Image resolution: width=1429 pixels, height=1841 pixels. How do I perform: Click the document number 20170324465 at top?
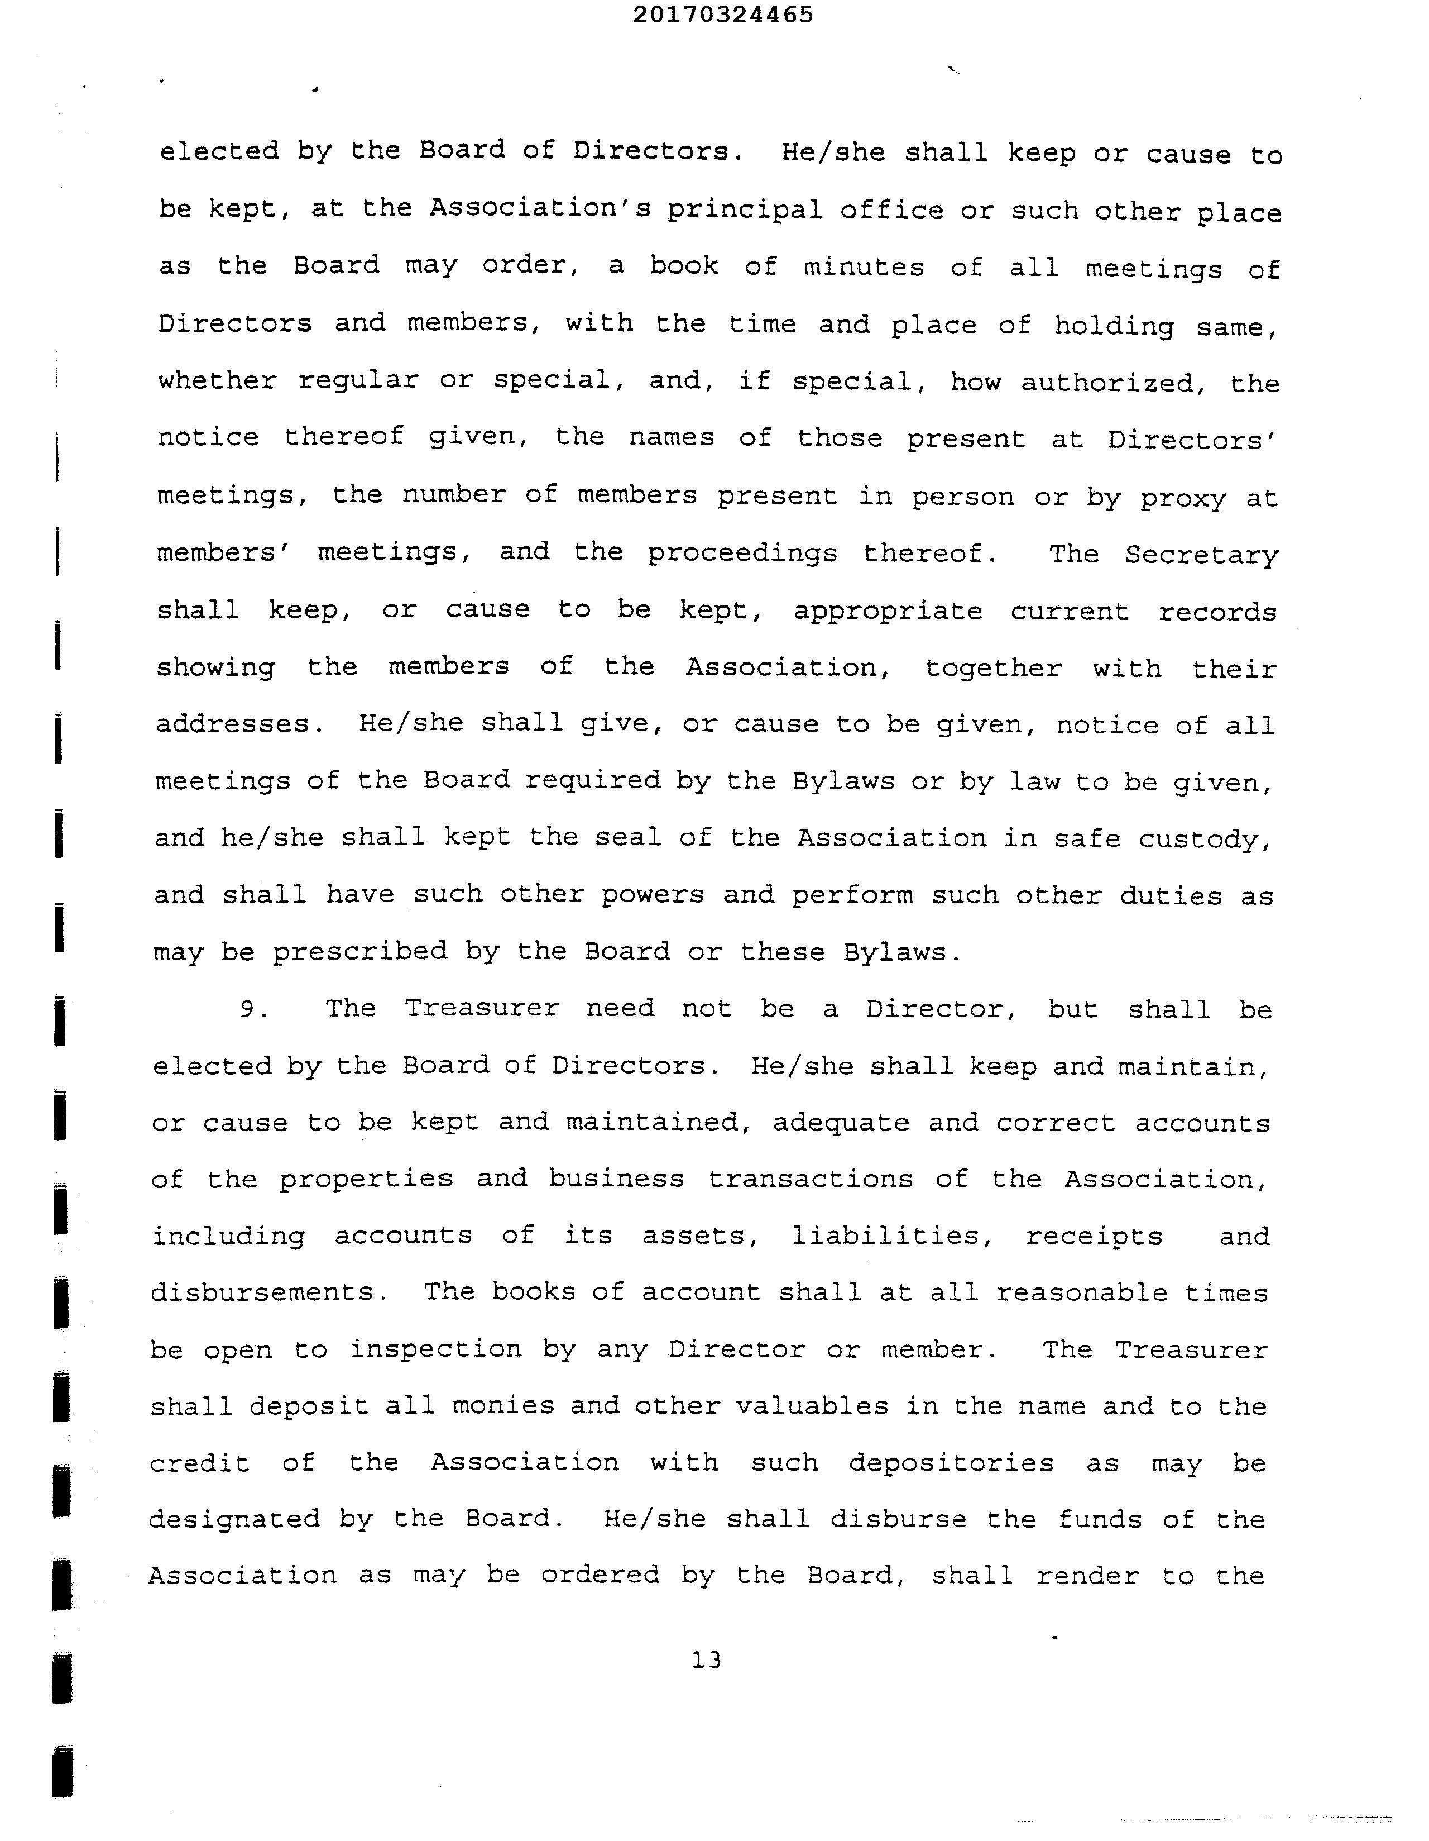(x=722, y=15)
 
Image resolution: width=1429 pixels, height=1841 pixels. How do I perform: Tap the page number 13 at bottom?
(x=706, y=1660)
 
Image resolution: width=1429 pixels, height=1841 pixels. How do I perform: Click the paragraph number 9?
(x=253, y=1009)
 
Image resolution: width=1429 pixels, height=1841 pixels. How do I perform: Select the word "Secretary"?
(x=1201, y=555)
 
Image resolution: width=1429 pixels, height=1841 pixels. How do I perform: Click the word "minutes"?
(x=863, y=268)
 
